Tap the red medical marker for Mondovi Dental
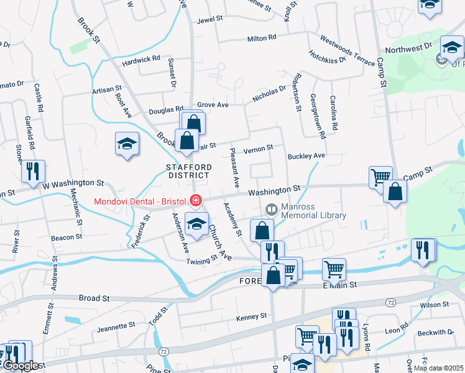[x=196, y=200]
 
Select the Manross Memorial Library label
[x=313, y=211]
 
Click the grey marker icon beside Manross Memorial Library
[x=271, y=210]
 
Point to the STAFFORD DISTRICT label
[x=189, y=172]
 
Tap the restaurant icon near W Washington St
[x=32, y=171]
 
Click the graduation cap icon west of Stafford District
[x=127, y=144]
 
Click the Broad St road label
[x=94, y=298]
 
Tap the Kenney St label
[x=251, y=317]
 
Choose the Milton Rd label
[x=261, y=38]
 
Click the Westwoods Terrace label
[x=348, y=50]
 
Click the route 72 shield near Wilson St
[x=390, y=302]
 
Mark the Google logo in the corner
[x=20, y=366]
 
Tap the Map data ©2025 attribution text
[x=438, y=368]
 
